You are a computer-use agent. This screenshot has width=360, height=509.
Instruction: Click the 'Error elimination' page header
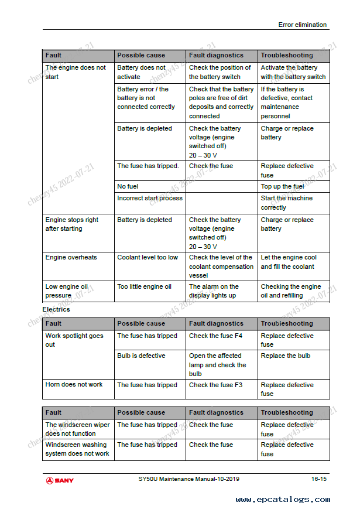[x=302, y=25]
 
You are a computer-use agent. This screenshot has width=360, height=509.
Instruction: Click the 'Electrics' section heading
[x=56, y=309]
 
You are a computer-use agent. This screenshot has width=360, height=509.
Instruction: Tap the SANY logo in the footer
[x=60, y=480]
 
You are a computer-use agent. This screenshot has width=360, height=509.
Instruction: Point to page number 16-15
[x=319, y=479]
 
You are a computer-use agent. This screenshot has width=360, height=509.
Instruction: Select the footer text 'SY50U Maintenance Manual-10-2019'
[x=184, y=479]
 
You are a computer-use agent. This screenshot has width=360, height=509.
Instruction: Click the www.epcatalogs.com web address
[x=282, y=500]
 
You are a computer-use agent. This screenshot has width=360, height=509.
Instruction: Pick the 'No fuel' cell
[x=128, y=186]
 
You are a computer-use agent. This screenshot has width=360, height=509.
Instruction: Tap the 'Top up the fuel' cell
[x=282, y=186]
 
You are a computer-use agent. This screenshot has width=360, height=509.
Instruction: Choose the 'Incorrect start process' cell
[x=150, y=198]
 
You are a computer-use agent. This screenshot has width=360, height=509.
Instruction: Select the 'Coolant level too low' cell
[x=148, y=257]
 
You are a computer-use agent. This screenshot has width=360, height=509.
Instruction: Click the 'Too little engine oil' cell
[x=144, y=286]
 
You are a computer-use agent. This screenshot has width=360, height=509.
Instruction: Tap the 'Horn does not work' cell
[x=74, y=385]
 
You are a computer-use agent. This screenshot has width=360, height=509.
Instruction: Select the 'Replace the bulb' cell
[x=286, y=356]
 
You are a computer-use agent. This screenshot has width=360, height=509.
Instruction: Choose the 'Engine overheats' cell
[x=71, y=257]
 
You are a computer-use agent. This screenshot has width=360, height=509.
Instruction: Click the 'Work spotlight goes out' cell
[x=74, y=340]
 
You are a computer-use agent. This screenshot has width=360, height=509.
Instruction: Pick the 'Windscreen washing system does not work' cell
[x=77, y=449]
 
